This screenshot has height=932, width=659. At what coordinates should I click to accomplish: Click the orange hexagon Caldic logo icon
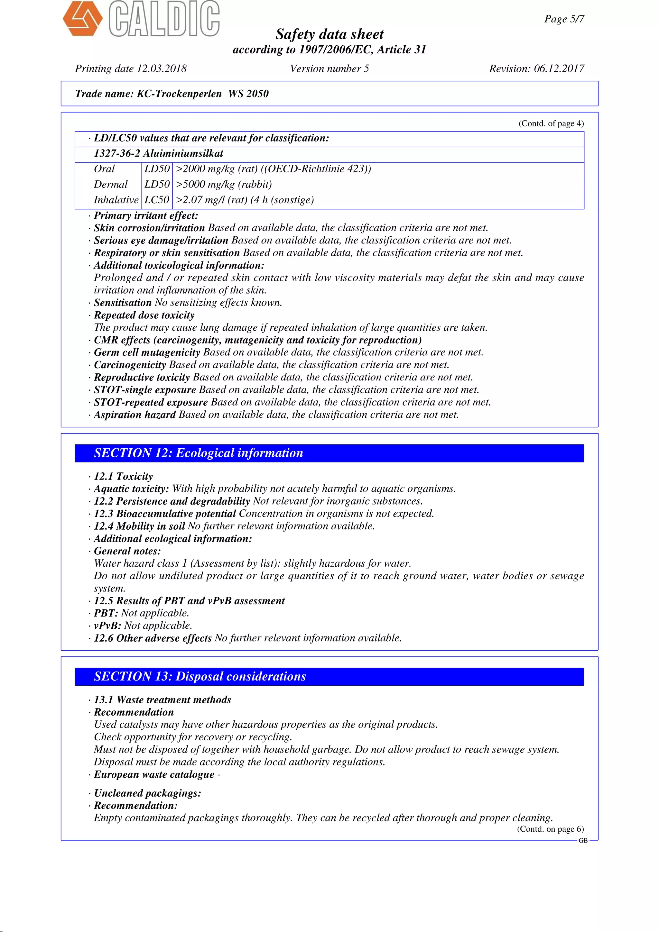point(82,18)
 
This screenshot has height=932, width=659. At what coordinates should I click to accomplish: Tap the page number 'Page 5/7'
point(564,19)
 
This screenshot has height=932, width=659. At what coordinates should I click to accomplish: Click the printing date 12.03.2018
point(162,69)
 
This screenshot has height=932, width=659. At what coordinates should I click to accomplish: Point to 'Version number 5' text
point(329,69)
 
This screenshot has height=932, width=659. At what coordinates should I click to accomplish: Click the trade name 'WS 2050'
point(248,94)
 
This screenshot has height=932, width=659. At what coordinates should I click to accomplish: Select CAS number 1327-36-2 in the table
point(116,153)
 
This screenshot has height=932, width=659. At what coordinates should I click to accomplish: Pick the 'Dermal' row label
point(110,184)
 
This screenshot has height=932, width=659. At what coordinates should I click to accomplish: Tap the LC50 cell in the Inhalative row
point(157,200)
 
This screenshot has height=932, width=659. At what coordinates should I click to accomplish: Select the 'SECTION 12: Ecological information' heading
point(199,453)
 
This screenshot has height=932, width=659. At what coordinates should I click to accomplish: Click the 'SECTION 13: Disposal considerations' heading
point(200,676)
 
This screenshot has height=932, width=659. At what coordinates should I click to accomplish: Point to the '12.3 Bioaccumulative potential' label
point(165,514)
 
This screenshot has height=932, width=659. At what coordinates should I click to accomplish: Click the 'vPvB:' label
point(107,626)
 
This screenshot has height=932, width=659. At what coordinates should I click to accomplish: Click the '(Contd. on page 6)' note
point(550,829)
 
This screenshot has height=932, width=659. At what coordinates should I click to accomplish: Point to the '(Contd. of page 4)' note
point(551,123)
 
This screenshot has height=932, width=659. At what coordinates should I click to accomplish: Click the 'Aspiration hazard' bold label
point(135,415)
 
